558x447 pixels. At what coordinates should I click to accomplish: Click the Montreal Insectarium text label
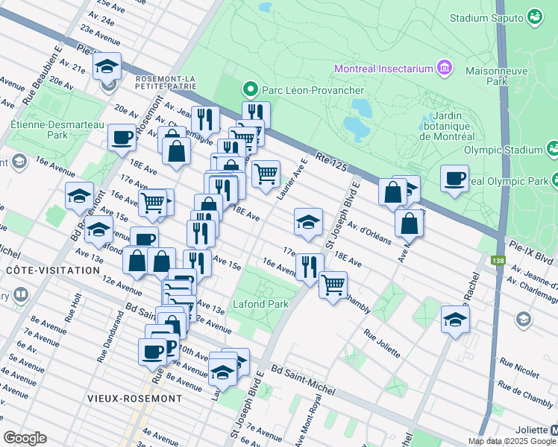point(384,69)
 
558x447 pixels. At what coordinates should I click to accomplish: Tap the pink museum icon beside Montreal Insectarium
point(445,69)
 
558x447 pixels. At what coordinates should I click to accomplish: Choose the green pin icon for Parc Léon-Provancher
point(250,91)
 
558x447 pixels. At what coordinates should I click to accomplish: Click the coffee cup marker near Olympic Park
point(454,178)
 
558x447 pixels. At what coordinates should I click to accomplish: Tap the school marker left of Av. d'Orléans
point(308,221)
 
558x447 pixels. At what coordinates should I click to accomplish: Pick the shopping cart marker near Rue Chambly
point(333,284)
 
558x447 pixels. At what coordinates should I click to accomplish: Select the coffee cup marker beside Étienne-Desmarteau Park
point(122,137)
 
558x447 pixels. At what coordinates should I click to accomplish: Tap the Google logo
point(25,437)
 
